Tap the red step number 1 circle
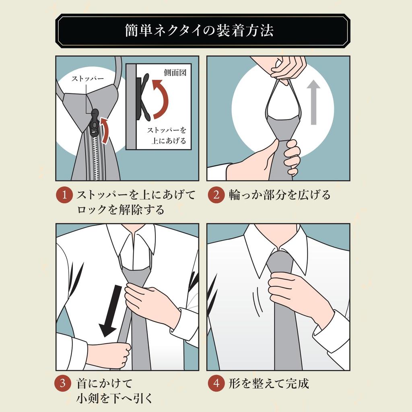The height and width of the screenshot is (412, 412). pyautogui.click(x=64, y=196)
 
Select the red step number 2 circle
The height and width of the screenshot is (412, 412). pyautogui.click(x=216, y=196)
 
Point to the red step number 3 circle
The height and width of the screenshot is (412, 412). pyautogui.click(x=64, y=383)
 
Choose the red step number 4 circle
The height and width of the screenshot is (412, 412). pyautogui.click(x=216, y=383)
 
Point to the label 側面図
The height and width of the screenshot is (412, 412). pyautogui.click(x=175, y=73)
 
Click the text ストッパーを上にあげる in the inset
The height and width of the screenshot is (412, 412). pyautogui.click(x=167, y=135)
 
